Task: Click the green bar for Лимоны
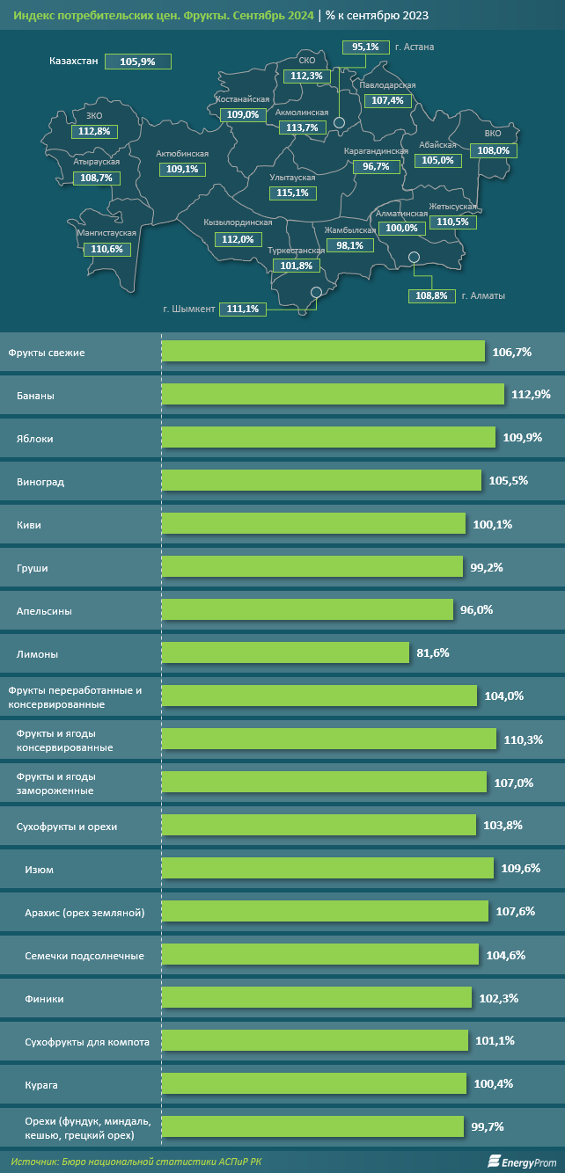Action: click(285, 652)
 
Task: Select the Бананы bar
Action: click(333, 394)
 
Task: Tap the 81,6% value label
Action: click(432, 653)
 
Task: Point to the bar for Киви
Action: click(313, 524)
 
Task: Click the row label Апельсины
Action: click(44, 611)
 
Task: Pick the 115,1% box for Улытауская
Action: click(293, 193)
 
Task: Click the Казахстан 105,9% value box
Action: click(138, 62)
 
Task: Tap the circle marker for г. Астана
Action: click(339, 122)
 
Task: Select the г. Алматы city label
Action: click(483, 295)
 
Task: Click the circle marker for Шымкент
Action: click(316, 292)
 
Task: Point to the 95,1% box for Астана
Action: click(366, 47)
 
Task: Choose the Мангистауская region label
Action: click(106, 232)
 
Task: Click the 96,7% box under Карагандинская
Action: click(377, 166)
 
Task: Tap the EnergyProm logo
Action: click(522, 1162)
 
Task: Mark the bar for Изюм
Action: click(327, 868)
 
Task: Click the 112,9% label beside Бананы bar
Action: click(531, 394)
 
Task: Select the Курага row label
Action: click(41, 1085)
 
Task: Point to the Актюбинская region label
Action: click(182, 154)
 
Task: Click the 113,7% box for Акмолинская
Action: click(303, 127)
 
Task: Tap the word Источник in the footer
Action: click(34, 1162)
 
